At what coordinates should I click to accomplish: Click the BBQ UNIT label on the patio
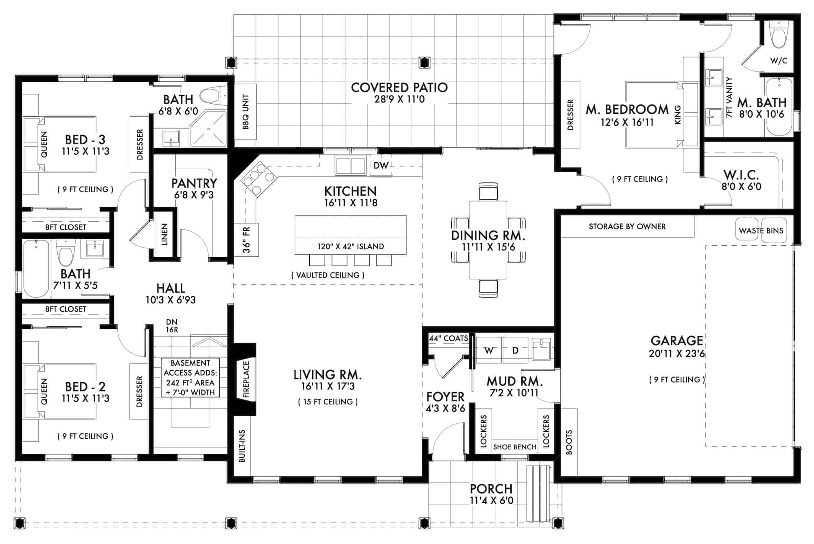[245, 112]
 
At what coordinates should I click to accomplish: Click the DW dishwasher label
[381, 165]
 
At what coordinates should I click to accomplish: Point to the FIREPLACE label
[246, 379]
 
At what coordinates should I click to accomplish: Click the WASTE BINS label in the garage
[761, 231]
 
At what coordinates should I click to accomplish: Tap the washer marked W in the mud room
[489, 350]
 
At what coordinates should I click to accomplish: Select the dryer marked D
[515, 350]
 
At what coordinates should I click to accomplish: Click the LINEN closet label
[164, 234]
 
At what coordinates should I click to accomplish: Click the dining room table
[488, 240]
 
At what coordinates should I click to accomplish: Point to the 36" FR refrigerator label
[246, 240]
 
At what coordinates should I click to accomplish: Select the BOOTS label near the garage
[569, 442]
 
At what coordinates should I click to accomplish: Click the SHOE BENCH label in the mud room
[514, 447]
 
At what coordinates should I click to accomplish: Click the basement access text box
[190, 378]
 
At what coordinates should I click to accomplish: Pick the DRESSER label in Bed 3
[140, 144]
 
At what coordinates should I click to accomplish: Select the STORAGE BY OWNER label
[627, 226]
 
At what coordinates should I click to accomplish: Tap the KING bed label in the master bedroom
[678, 115]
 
